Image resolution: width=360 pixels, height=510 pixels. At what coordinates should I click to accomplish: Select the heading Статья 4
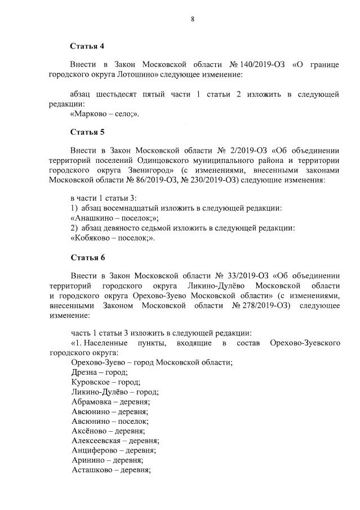tap(87, 45)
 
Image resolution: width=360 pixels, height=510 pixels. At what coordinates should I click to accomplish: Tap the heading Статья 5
tap(87, 132)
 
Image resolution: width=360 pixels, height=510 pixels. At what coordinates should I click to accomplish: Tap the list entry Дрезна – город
tap(99, 372)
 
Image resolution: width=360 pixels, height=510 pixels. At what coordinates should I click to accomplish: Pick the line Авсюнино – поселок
tap(110, 420)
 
